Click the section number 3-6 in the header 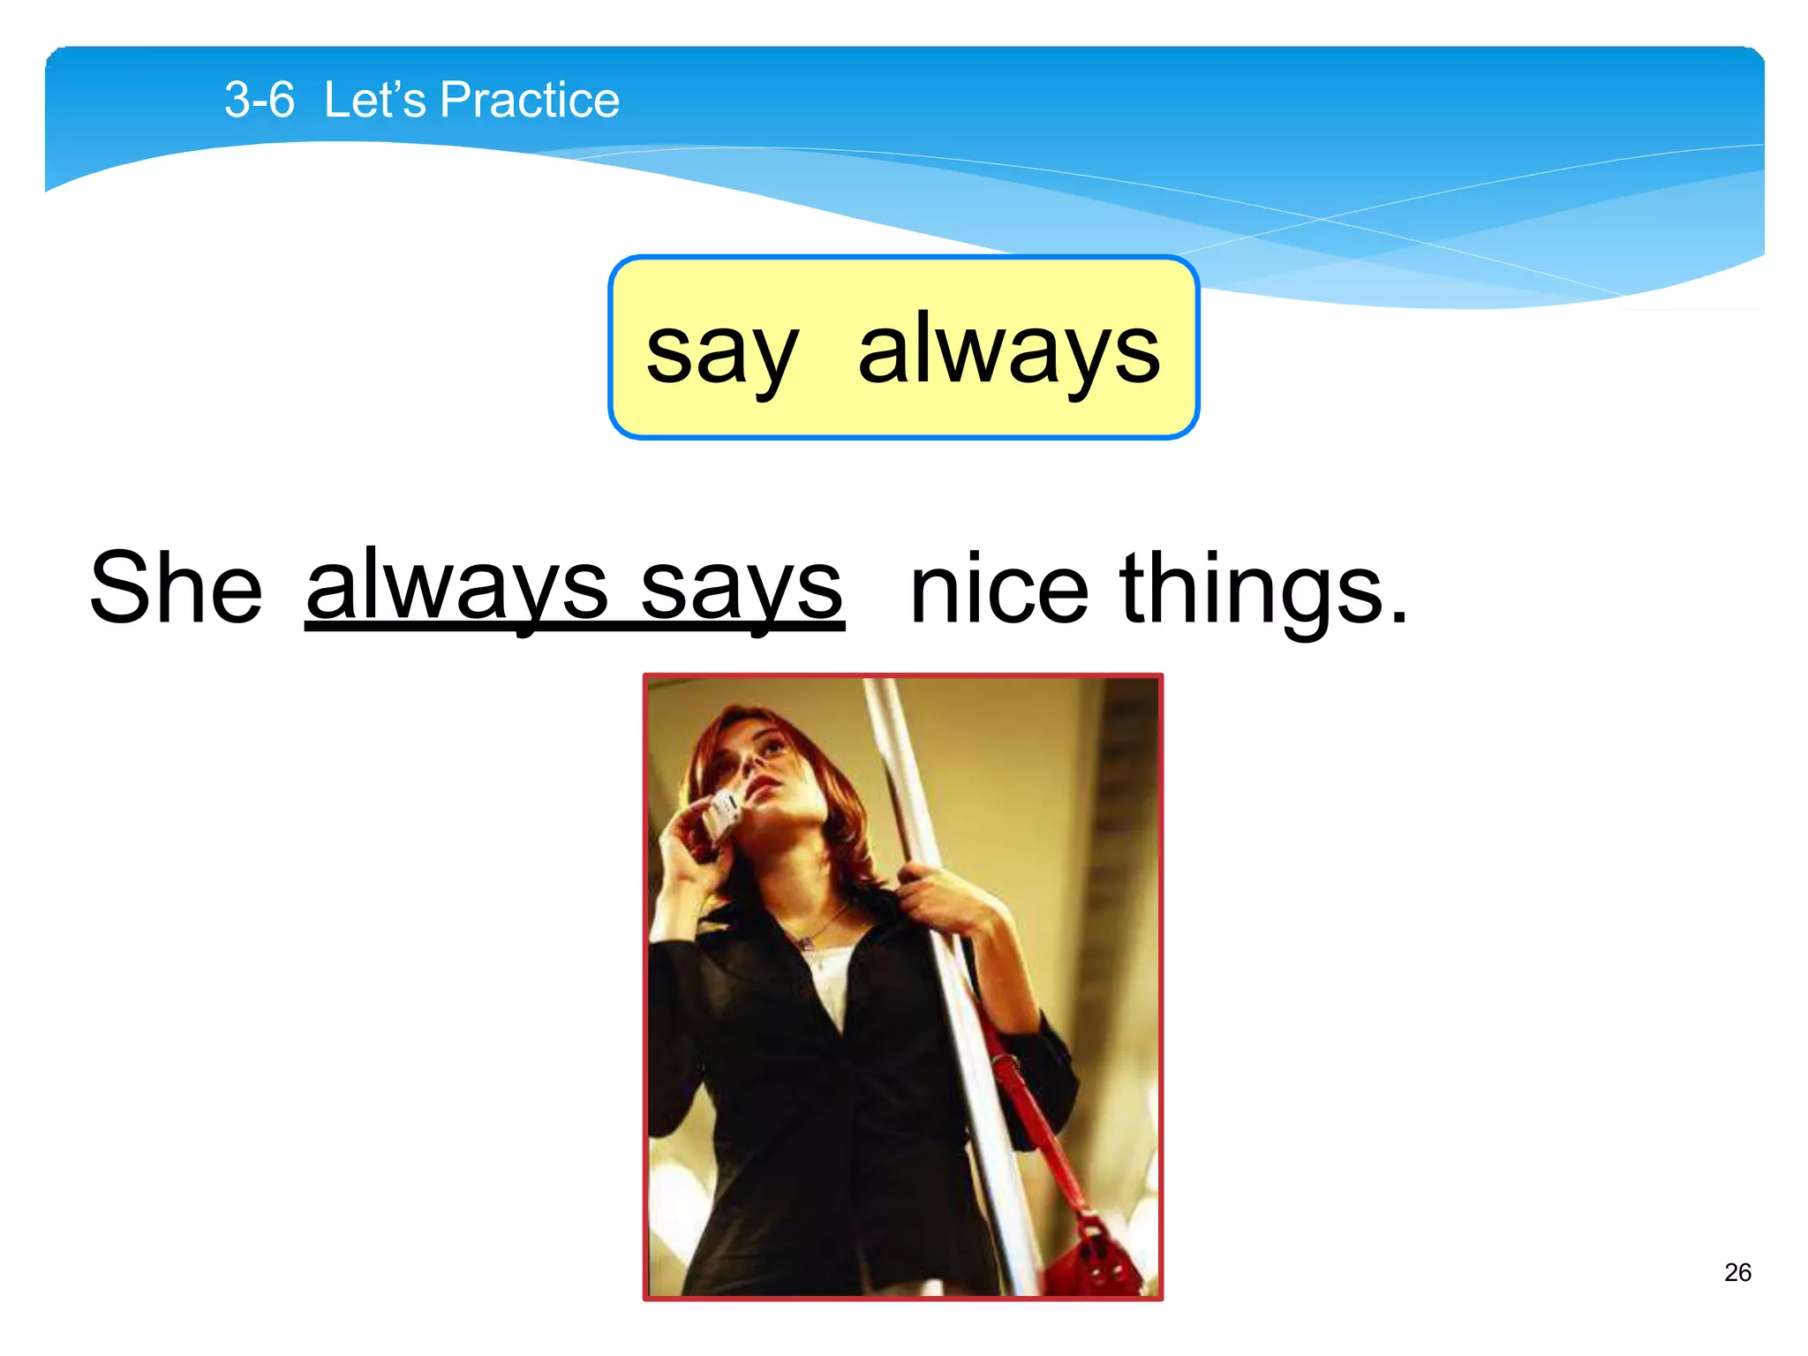[x=259, y=100]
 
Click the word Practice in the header [x=530, y=100]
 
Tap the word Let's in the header [x=374, y=100]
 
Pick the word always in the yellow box [x=1008, y=351]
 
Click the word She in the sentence [x=177, y=588]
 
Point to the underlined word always [x=456, y=586]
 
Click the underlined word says [x=742, y=588]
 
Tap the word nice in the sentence [x=998, y=588]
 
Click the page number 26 [x=1736, y=1272]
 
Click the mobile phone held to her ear [x=722, y=814]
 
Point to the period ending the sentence [x=1397, y=618]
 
